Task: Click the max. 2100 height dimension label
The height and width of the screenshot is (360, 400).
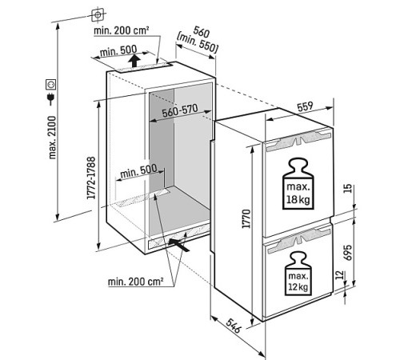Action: (53, 138)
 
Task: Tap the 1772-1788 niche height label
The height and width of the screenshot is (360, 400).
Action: (91, 178)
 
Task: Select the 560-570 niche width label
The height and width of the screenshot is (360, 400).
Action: (180, 110)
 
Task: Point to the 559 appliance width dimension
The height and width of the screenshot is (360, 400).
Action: (305, 106)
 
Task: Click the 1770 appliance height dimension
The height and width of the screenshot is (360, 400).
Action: (246, 218)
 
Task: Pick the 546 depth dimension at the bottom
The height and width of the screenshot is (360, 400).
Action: (234, 326)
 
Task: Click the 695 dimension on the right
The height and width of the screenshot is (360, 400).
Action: (348, 252)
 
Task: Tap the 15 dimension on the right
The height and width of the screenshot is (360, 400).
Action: (348, 189)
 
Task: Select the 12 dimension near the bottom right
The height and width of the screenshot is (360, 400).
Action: (339, 274)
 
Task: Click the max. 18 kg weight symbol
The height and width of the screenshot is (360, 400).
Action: (298, 184)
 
